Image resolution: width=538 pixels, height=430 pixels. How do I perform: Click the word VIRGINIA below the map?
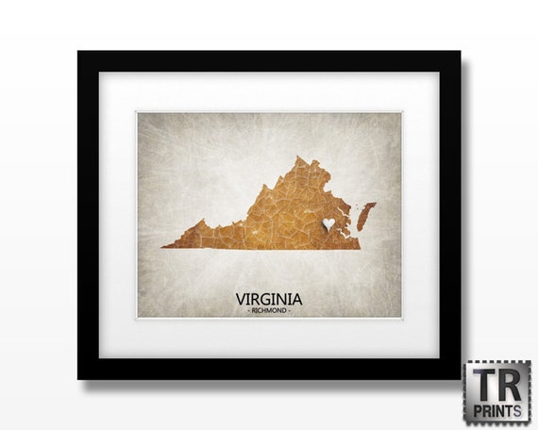coord(269,298)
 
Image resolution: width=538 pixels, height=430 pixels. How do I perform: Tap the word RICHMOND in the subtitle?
coord(269,310)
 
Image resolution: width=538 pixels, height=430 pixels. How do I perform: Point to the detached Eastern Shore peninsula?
coord(366,212)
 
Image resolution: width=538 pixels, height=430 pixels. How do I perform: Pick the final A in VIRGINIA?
coord(297,298)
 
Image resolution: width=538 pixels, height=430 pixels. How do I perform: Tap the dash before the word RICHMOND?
coord(244,310)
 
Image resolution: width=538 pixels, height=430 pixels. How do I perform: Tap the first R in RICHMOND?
coord(250,310)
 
